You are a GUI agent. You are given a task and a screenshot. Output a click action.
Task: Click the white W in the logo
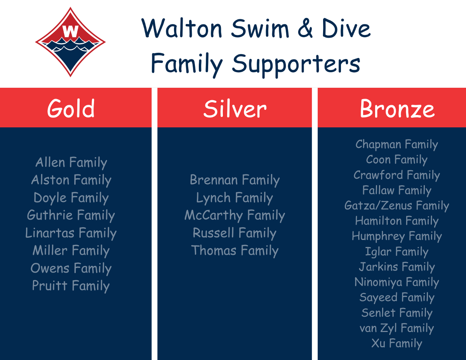[70, 31]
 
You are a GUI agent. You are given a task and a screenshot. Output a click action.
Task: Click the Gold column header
[71, 108]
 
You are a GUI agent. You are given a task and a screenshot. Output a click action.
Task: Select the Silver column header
[235, 108]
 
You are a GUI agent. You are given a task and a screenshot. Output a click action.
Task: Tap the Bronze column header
[397, 108]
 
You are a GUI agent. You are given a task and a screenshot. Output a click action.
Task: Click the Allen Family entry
[71, 162]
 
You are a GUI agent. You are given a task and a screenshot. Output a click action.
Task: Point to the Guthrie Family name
[71, 215]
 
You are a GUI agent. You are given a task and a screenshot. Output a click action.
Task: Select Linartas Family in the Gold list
[71, 233]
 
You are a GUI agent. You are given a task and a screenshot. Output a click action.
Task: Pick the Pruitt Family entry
[71, 286]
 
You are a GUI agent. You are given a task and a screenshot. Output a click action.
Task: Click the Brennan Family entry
[235, 180]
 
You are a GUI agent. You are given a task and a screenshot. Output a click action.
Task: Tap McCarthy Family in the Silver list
[235, 215]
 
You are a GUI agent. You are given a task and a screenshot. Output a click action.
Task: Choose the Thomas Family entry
[235, 250]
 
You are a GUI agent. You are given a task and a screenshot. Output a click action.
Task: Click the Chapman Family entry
[396, 144]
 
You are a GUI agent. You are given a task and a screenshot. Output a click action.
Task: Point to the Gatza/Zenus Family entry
[396, 205]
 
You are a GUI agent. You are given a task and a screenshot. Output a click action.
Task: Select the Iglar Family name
[396, 252]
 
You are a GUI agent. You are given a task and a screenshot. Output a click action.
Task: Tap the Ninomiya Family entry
[396, 282]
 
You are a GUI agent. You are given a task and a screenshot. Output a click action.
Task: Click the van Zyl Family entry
[396, 328]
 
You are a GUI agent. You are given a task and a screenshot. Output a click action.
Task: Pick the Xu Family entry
[396, 343]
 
